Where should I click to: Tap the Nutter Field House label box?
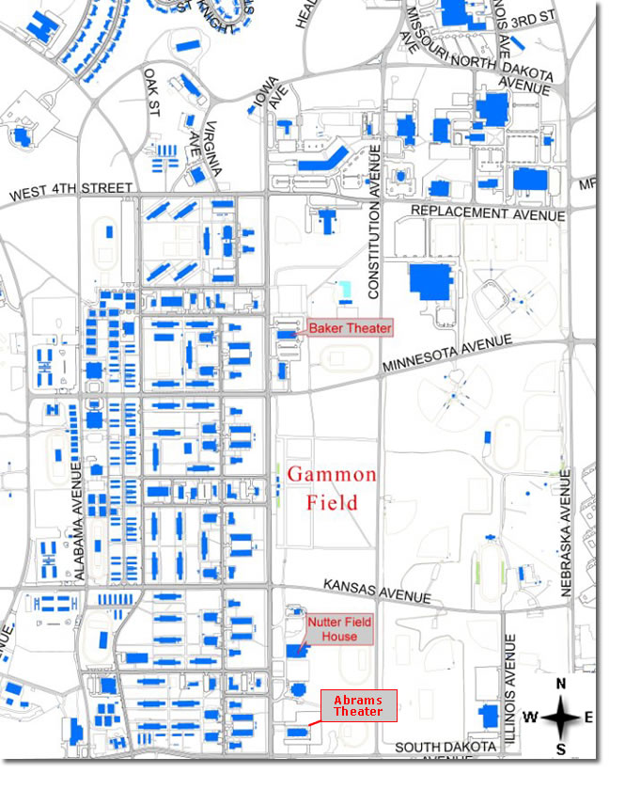(x=339, y=629)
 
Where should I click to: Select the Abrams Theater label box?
(x=359, y=705)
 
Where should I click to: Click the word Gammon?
(x=332, y=475)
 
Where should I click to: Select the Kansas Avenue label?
(x=377, y=591)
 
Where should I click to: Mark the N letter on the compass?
(x=561, y=685)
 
